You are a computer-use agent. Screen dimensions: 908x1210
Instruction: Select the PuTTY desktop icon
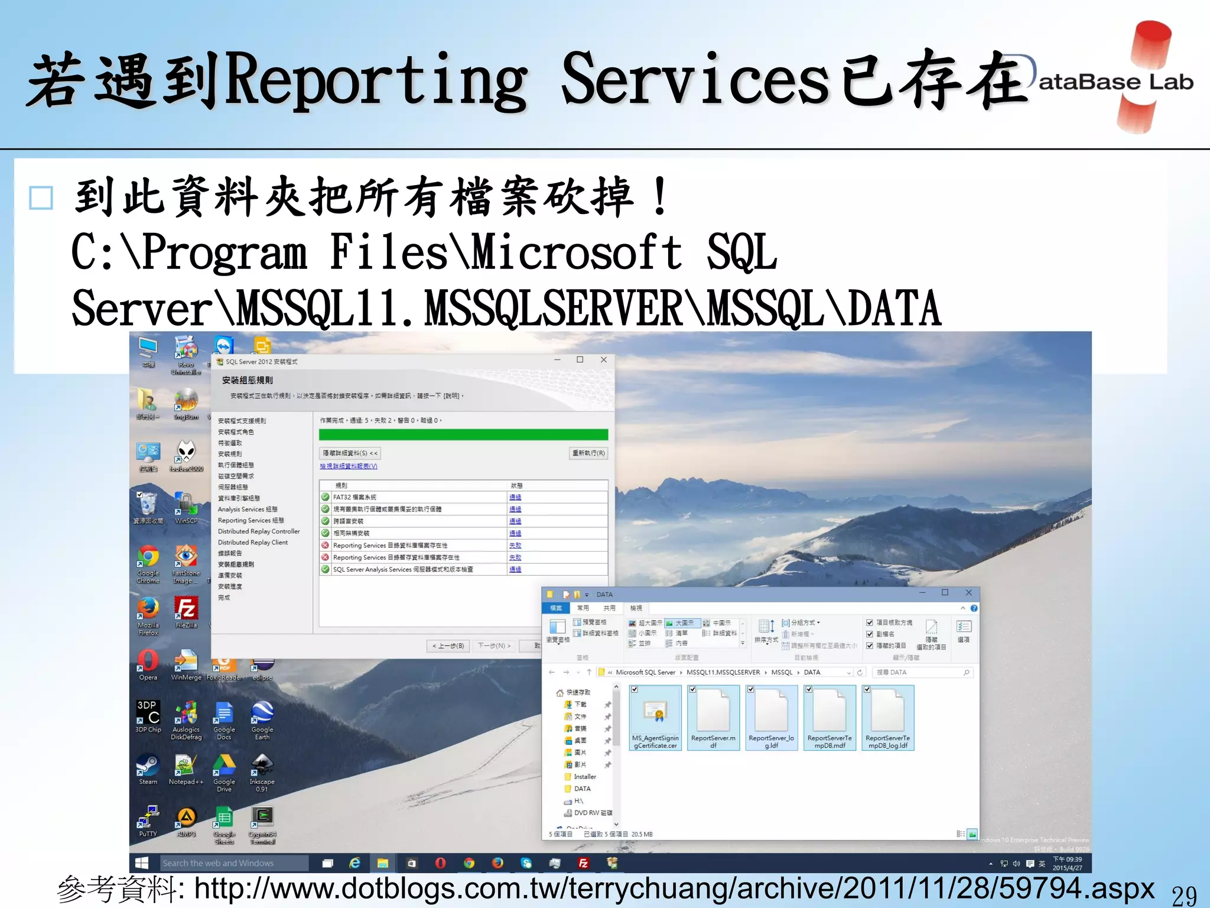[148, 818]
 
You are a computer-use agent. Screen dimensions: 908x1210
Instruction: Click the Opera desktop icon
[148, 661]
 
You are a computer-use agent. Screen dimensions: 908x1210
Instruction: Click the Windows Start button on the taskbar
[142, 863]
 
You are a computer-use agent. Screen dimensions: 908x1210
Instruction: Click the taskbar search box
[233, 863]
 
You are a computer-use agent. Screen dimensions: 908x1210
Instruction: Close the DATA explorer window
[968, 592]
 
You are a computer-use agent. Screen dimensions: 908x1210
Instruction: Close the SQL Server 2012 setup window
[603, 359]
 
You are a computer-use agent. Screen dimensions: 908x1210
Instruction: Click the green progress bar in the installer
[463, 434]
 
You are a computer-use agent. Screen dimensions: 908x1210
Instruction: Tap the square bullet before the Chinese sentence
[41, 198]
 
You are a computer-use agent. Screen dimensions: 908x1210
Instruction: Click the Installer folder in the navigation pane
[584, 777]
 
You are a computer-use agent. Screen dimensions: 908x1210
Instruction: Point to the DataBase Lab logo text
[1115, 82]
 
